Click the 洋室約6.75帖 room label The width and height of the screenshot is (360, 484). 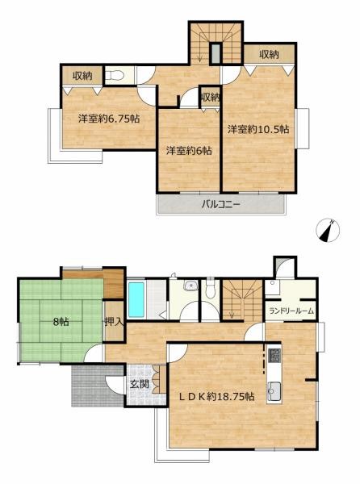coord(109,119)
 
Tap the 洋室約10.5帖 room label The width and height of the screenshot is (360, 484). coord(258,129)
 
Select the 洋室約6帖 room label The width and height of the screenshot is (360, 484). coord(189,151)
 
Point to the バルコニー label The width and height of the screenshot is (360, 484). coord(220,204)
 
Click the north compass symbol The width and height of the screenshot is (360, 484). coord(328,230)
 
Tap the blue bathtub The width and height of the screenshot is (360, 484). coord(136,300)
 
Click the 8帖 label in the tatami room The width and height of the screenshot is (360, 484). coord(61,322)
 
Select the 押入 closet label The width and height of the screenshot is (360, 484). coord(115,322)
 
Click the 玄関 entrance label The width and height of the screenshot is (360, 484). coord(140,384)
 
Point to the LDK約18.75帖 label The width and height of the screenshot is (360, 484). coord(217,396)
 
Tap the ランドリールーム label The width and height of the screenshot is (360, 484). coord(291,311)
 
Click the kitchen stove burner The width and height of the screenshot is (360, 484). coord(274,356)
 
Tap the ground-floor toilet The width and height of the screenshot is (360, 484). coord(210,289)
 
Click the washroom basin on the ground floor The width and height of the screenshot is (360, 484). coord(190,286)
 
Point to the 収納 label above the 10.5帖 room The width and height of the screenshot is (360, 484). coord(269,54)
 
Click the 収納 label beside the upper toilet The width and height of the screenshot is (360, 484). coord(82,75)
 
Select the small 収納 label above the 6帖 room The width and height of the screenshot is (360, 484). coord(210,98)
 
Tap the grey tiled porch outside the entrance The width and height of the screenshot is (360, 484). coord(98,386)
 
